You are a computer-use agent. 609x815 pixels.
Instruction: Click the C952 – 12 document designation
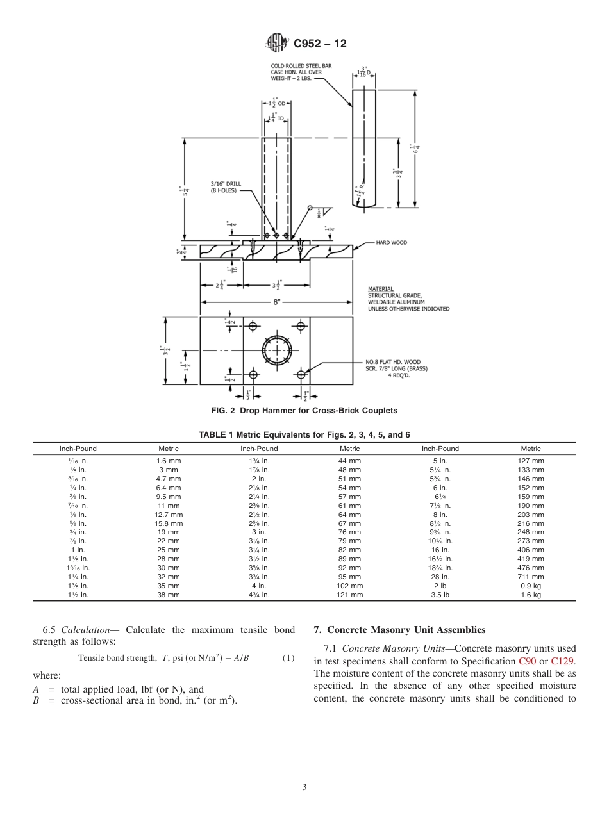pos(319,44)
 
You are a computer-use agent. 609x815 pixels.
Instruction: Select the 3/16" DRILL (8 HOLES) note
pos(226,186)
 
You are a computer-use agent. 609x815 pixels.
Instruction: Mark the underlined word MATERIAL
pos(381,289)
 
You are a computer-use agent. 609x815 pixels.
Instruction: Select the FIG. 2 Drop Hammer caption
pos(304,410)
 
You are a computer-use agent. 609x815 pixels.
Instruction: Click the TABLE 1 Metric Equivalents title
pos(304,434)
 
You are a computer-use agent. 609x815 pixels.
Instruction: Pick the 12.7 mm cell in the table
pos(169,515)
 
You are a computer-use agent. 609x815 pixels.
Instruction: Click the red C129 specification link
pos(562,660)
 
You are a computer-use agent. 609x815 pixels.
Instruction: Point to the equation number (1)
pos(288,658)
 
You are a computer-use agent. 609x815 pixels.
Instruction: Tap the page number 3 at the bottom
pos(304,787)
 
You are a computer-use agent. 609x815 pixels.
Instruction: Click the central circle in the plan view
pos(277,350)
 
